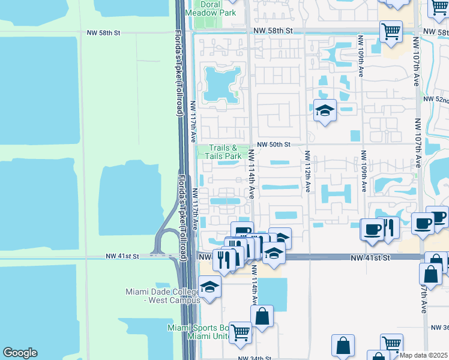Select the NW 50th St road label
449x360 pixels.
[274, 145]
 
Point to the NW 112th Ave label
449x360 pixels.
[307, 171]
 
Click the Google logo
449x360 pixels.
[20, 353]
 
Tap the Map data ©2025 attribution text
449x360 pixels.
[424, 355]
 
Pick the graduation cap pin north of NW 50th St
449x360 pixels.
[325, 110]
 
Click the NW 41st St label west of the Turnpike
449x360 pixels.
[122, 256]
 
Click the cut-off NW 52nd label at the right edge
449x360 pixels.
[436, 99]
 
